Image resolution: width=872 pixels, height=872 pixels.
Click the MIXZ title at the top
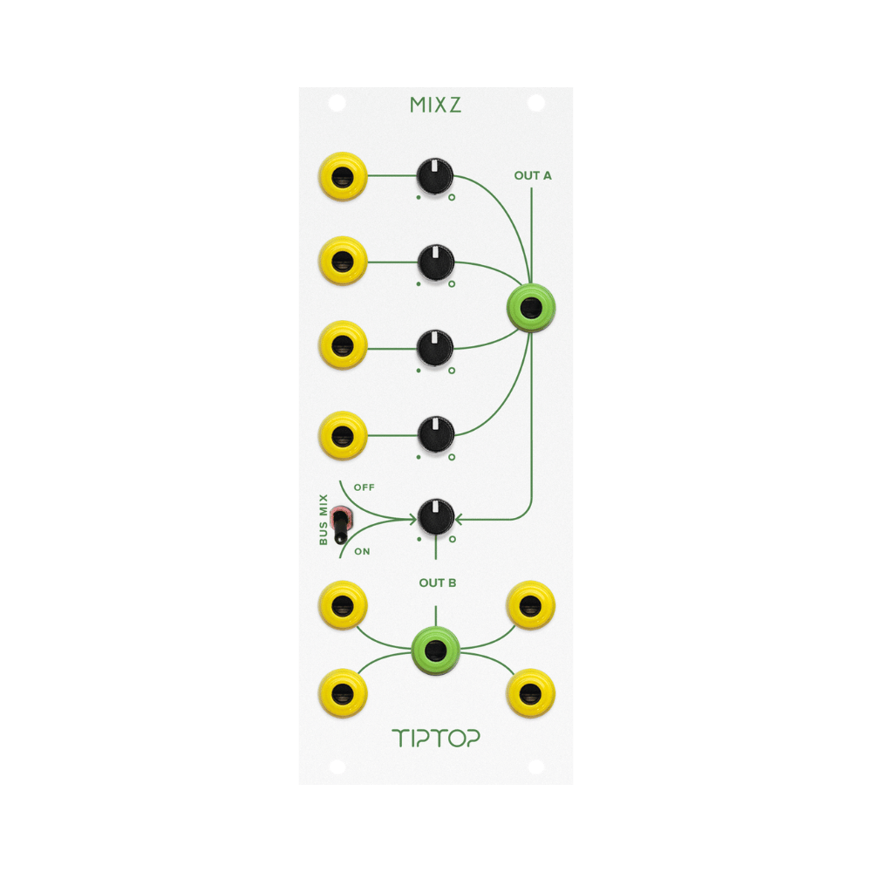[x=435, y=105]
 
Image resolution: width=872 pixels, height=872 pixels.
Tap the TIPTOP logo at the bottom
[x=435, y=738]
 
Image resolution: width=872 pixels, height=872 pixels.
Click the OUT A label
[x=533, y=176]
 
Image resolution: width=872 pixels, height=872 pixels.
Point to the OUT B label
[x=438, y=582]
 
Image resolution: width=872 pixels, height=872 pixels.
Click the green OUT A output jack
[x=531, y=308]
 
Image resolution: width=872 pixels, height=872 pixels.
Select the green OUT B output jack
[x=435, y=651]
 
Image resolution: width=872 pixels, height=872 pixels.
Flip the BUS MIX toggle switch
[x=339, y=525]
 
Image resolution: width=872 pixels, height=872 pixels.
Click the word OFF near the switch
[x=364, y=487]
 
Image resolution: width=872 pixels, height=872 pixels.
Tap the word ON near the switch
[x=362, y=552]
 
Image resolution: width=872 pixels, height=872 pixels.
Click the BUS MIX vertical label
[x=324, y=520]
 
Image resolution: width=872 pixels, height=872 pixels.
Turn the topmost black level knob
[x=435, y=176]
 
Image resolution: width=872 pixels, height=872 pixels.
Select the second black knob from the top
[x=436, y=262]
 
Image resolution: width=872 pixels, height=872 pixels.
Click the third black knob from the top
[x=435, y=349]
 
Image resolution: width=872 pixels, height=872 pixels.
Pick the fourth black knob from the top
[x=436, y=434]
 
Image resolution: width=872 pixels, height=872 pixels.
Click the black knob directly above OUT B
[x=436, y=517]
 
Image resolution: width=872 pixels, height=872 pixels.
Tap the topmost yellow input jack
[x=343, y=177]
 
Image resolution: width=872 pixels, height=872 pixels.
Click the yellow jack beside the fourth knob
[x=343, y=435]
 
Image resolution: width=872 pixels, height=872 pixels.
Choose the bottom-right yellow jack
[x=530, y=693]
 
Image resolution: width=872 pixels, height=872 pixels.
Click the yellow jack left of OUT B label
[x=343, y=605]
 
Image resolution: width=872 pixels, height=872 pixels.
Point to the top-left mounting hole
[x=337, y=104]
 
